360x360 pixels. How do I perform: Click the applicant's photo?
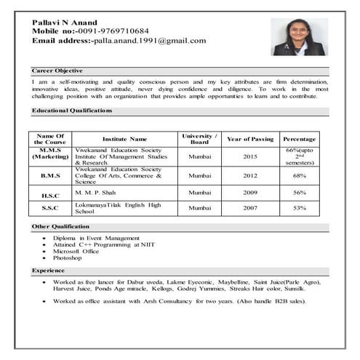pos(299,37)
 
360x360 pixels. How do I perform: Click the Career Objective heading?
pos(57,71)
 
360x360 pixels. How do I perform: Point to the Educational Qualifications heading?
pos(72,111)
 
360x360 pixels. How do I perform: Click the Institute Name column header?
pos(124,138)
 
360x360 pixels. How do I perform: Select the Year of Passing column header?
pos(250,138)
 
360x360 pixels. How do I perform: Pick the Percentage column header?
pos(299,138)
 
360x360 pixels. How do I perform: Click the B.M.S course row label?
pos(50,175)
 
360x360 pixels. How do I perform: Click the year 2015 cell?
pos(250,156)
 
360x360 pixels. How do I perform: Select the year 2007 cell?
pos(250,208)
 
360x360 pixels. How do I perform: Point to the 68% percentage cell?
pos(299,175)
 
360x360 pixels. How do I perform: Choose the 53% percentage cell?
pos(299,208)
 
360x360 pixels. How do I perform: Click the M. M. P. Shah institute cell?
pos(96,192)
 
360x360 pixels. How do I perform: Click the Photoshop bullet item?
pos(67,257)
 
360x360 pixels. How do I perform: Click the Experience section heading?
pos(48,270)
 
